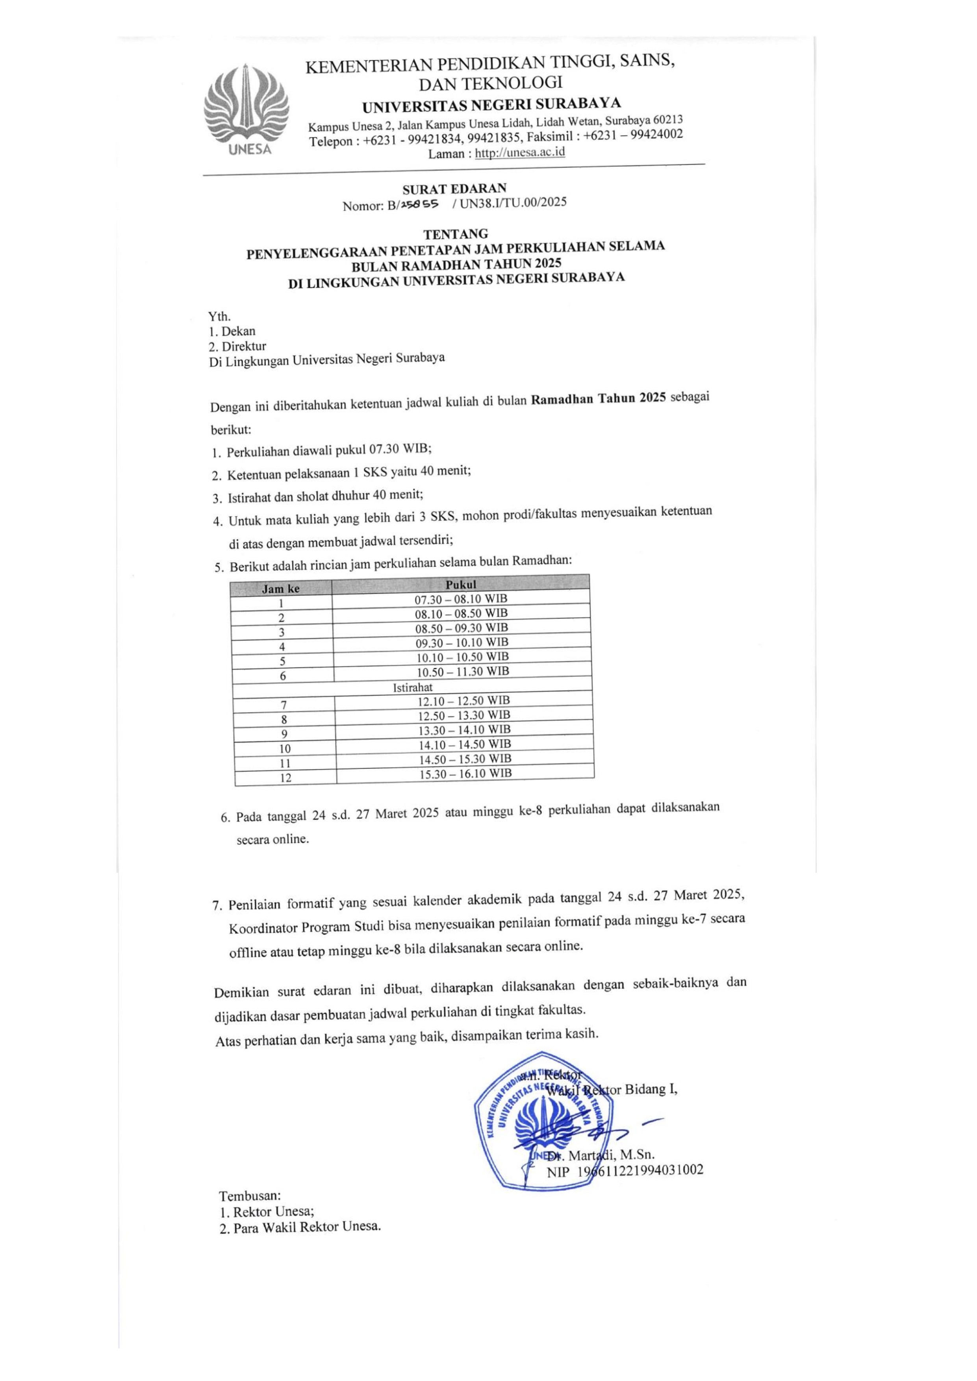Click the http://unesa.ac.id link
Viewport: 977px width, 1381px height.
tap(520, 153)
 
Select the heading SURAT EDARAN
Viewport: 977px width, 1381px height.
tap(454, 188)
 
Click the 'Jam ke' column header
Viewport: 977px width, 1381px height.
tap(281, 589)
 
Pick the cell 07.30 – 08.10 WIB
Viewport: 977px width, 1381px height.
tap(461, 599)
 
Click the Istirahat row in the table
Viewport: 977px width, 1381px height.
tap(413, 687)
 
